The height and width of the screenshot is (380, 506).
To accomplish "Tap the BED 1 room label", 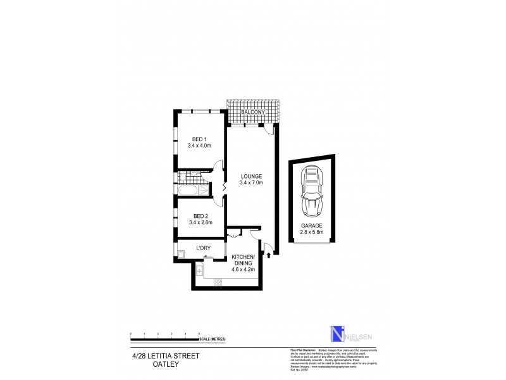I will pyautogui.click(x=199, y=139).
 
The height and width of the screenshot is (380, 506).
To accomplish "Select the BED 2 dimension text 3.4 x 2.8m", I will pyautogui.click(x=199, y=222).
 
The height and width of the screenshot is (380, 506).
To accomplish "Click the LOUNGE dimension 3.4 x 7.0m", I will pyautogui.click(x=251, y=183).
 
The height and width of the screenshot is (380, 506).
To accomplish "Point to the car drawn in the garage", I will pyautogui.click(x=312, y=189).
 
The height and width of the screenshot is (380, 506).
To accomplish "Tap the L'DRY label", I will pyautogui.click(x=203, y=248).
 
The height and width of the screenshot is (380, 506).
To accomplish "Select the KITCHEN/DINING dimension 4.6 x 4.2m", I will pyautogui.click(x=244, y=270).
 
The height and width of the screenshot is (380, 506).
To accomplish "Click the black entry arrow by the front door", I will pyautogui.click(x=270, y=255).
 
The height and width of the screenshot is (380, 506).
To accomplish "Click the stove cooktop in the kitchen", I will pyautogui.click(x=218, y=282).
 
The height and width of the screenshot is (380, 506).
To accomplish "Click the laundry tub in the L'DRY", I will pyautogui.click(x=181, y=255).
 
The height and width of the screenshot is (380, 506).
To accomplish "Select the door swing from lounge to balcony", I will pyautogui.click(x=269, y=129).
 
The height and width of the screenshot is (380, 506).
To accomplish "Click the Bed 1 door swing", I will pyautogui.click(x=219, y=166).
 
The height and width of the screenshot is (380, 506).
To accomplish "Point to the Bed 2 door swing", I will pyautogui.click(x=219, y=201).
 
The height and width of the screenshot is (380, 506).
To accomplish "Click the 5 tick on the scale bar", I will pyautogui.click(x=199, y=333).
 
